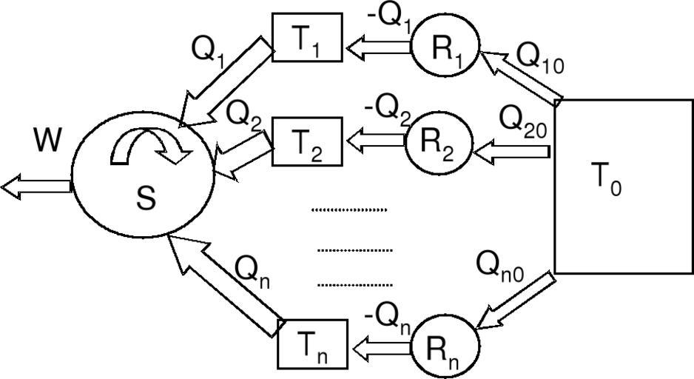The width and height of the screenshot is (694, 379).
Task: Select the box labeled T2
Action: point(307,141)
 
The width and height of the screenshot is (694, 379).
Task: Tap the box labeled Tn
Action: point(312,343)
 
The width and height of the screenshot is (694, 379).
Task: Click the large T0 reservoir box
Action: point(623,187)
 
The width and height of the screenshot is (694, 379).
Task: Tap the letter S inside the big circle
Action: point(146,198)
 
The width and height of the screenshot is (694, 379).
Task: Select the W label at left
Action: point(47,140)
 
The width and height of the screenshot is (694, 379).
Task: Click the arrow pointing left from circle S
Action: point(36,188)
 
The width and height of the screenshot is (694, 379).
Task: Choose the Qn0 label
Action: point(500,264)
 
